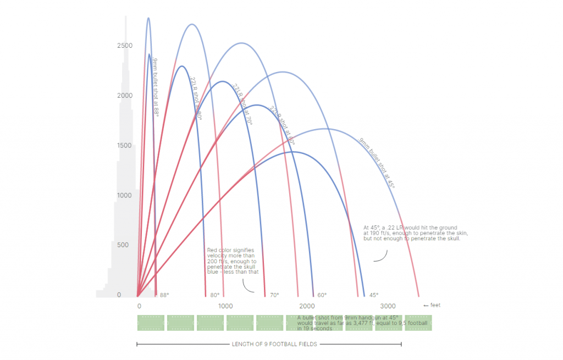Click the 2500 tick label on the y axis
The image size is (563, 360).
pos(124,46)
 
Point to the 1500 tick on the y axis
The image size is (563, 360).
pos(124,146)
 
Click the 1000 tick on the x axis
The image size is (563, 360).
pos(224,306)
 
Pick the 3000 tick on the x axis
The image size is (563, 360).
pos(388,306)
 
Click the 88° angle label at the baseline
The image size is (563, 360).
pos(164,295)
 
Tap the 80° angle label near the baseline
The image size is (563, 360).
pos(214,295)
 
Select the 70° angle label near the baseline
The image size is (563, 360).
pos(274,295)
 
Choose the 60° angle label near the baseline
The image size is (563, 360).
pos(322,295)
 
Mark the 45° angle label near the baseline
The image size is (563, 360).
pos(373,295)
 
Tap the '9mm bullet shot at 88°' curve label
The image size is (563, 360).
pos(156,85)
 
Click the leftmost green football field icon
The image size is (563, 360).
pos(151,323)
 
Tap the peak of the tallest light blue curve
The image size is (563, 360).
pos(148,18)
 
